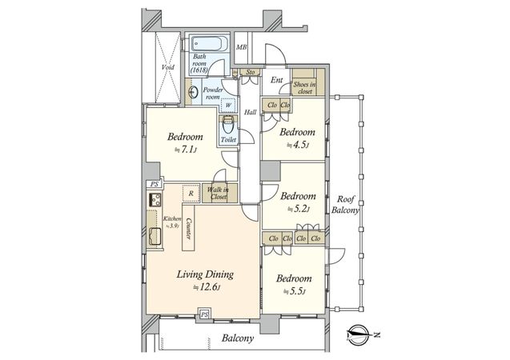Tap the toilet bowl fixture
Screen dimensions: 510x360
click(x=227, y=124)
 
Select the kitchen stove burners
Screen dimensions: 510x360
click(x=155, y=199)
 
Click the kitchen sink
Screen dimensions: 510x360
click(x=155, y=236)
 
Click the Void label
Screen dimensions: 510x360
click(x=168, y=67)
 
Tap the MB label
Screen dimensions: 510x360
click(x=241, y=47)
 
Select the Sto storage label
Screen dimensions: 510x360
click(x=250, y=72)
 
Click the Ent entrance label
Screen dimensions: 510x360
click(x=276, y=80)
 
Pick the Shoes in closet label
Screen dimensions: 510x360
click(x=305, y=88)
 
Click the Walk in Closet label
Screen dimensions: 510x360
click(x=219, y=193)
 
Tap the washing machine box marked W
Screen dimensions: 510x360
click(x=228, y=105)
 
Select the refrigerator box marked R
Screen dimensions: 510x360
click(x=191, y=194)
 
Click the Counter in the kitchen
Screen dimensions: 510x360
click(x=189, y=228)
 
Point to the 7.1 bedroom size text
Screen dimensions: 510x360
click(x=186, y=150)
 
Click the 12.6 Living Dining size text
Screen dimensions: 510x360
click(x=207, y=287)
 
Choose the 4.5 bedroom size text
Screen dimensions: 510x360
click(x=297, y=146)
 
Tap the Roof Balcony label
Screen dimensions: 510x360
click(x=345, y=205)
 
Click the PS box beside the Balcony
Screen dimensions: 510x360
click(x=204, y=314)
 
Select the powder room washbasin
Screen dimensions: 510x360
click(x=192, y=92)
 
